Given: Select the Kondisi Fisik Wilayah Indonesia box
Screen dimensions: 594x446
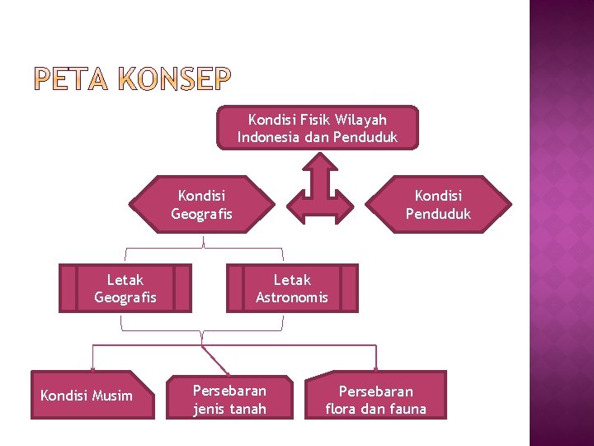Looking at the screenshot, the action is click(x=318, y=128).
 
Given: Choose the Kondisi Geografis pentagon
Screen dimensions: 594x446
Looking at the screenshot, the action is click(x=202, y=205).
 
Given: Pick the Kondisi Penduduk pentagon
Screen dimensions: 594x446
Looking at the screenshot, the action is click(x=438, y=205).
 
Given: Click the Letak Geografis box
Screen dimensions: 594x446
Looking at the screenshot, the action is click(x=125, y=288).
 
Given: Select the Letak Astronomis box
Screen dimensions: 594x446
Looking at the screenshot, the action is click(x=292, y=288).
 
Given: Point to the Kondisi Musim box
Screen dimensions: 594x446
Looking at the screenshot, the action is click(x=92, y=396).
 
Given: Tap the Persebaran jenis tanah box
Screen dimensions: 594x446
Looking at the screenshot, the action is click(x=229, y=399).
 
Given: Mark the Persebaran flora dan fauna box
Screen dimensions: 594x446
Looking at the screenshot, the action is click(x=376, y=399).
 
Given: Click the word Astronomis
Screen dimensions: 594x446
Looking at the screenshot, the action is click(x=292, y=297).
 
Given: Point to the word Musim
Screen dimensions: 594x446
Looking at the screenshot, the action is click(x=112, y=396).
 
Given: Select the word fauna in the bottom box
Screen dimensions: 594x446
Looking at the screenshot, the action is click(x=408, y=409).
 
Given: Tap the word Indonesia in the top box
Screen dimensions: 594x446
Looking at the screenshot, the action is click(x=269, y=137).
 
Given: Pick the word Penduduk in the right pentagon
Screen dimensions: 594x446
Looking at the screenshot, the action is click(x=438, y=214).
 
